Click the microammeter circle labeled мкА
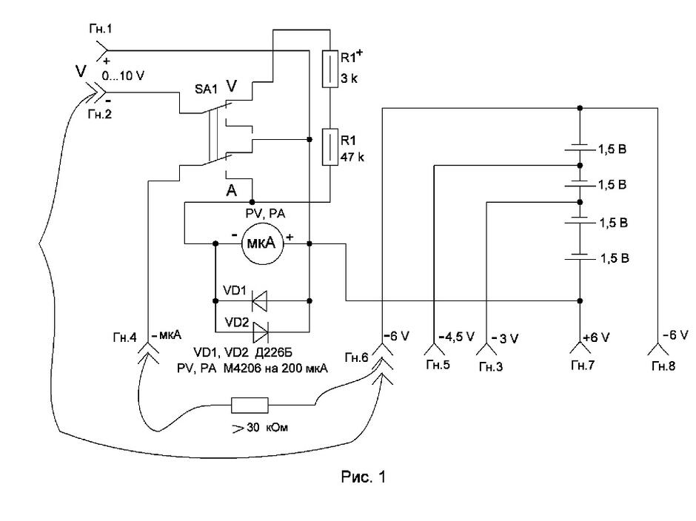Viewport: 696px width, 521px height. pos(262,243)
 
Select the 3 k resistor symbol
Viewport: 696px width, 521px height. pos(329,69)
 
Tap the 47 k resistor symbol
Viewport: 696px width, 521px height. pos(329,147)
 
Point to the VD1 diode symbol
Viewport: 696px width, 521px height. pos(260,301)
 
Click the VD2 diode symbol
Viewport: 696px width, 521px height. pos(261,332)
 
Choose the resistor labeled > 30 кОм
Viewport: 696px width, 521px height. pos(250,405)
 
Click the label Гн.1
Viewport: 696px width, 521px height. pos(100,30)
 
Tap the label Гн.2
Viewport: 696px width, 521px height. pos(100,115)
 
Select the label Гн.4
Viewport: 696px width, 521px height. pos(124,337)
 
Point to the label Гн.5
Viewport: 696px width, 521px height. pos(438,365)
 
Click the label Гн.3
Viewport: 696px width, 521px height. pos(491,366)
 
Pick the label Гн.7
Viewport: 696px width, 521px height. pos(583,365)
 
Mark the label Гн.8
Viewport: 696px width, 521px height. pos(663,366)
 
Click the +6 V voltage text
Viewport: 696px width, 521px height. pos(596,337)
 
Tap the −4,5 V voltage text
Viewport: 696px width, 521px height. pos(456,337)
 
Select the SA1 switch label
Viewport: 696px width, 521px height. pos(207,90)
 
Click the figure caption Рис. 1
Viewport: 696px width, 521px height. pos(363,477)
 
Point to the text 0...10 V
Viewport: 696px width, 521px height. pos(123,76)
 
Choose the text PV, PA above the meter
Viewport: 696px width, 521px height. pos(265,214)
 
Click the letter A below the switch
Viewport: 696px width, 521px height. pos(232,191)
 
